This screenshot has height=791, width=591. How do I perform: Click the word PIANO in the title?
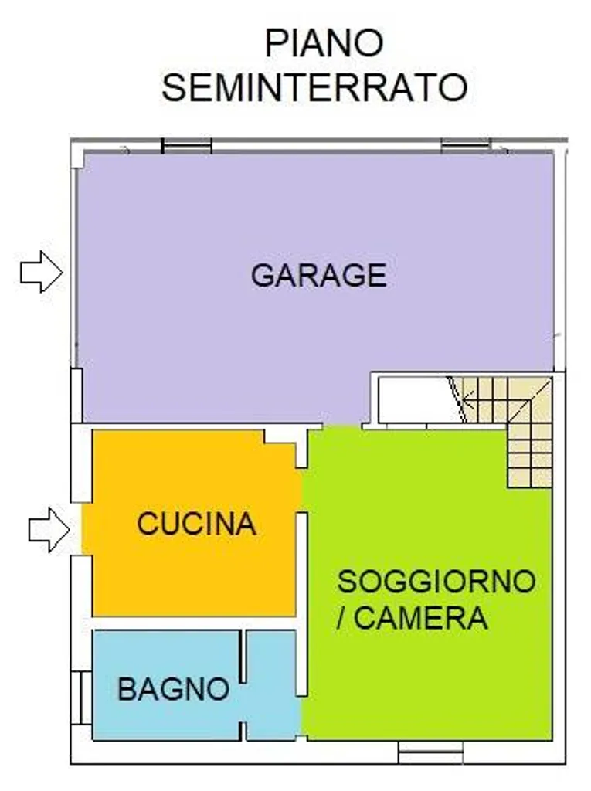point(324,43)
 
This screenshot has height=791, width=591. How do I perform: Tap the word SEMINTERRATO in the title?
point(314,87)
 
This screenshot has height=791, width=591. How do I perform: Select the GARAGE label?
point(319,276)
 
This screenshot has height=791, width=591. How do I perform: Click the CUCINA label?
point(196,524)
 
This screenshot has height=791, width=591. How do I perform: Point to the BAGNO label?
point(174,688)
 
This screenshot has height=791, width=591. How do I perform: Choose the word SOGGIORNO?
point(436,581)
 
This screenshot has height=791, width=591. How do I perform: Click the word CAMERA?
point(420,618)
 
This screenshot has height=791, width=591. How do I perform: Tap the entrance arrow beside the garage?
point(42,272)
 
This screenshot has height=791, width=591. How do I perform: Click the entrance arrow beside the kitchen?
point(49,530)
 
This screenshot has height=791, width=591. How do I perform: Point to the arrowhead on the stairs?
point(467,403)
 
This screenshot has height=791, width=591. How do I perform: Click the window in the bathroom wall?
point(81,698)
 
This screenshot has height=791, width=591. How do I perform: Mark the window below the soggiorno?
point(430,752)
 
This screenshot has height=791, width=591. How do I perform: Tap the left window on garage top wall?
point(186,146)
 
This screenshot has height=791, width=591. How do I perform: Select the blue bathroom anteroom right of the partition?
point(271,686)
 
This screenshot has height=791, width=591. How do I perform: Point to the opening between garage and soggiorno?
point(341,426)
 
